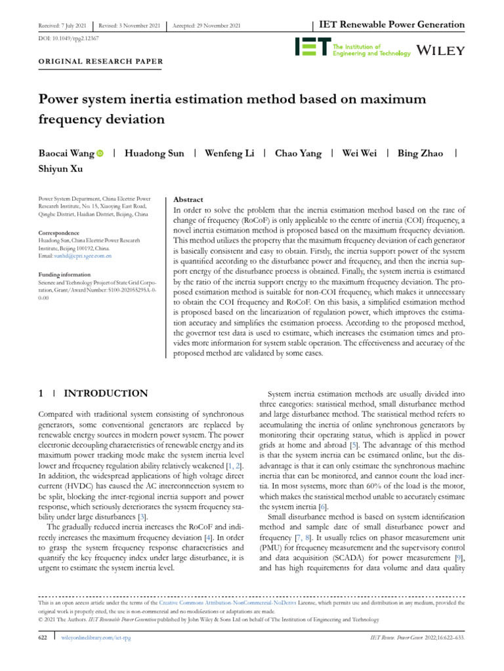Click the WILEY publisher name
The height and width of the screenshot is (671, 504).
click(x=442, y=50)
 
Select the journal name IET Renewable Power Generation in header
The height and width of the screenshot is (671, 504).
click(x=392, y=25)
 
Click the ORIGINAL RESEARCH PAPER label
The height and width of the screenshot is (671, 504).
click(x=96, y=63)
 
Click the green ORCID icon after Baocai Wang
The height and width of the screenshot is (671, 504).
click(x=100, y=153)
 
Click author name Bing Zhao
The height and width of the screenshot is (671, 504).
click(x=421, y=153)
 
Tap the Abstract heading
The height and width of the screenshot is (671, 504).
click(x=187, y=199)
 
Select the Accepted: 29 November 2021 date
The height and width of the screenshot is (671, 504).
click(x=207, y=26)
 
